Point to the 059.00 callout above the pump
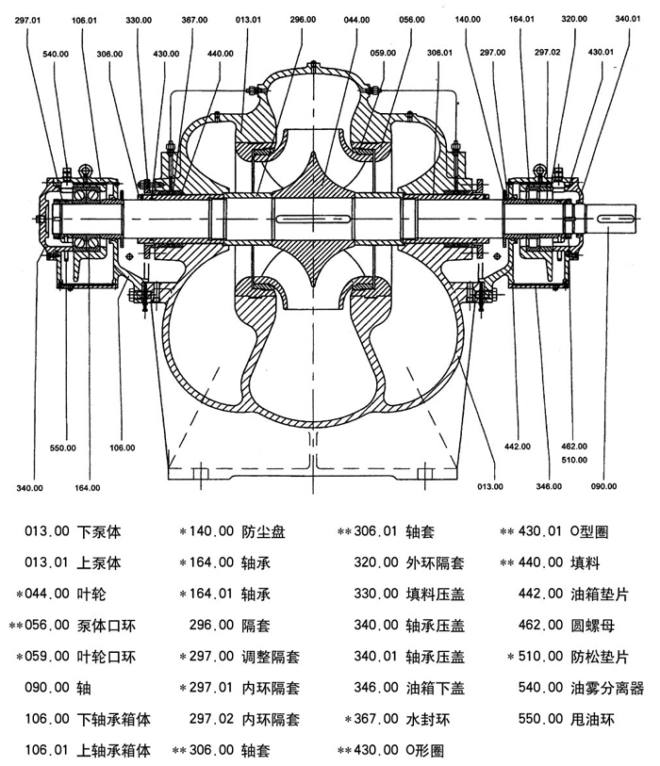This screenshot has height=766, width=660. (383, 54)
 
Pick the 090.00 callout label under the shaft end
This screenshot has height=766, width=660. (603, 486)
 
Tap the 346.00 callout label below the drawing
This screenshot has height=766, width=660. (550, 486)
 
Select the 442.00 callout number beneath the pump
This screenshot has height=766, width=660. (518, 447)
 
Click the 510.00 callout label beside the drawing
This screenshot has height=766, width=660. (574, 461)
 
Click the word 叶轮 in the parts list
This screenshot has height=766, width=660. (94, 594)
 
